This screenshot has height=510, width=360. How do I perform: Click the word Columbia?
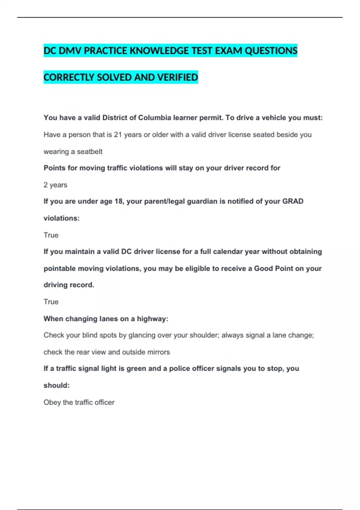coord(153,118)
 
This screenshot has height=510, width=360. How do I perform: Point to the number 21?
coord(118,135)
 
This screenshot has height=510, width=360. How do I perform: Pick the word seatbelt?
coord(89,152)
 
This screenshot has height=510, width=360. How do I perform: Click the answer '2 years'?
coord(55,185)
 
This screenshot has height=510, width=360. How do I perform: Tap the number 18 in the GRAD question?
coord(118,201)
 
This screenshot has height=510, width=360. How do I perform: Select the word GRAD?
coord(292,201)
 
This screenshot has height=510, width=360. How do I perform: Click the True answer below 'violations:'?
coord(51,235)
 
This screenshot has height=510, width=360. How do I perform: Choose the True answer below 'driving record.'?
coord(51,302)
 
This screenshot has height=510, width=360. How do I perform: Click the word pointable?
coord(59,268)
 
